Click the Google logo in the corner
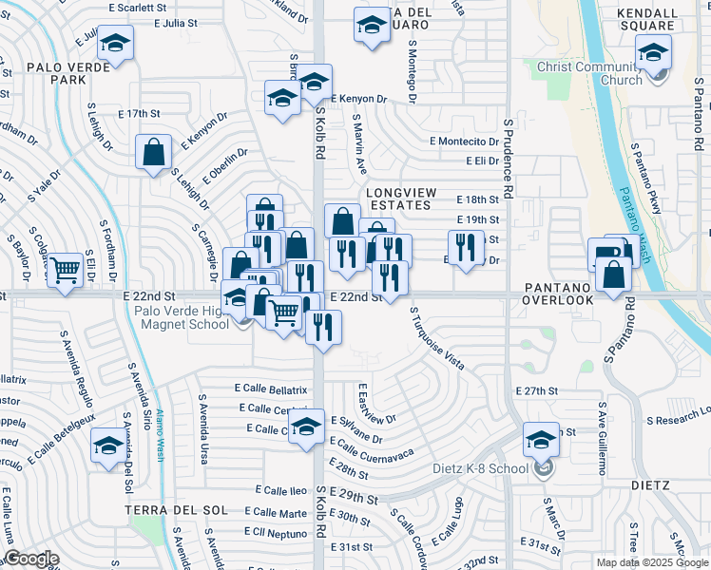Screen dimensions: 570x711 point(30,559)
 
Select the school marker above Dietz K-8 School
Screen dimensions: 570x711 point(541,439)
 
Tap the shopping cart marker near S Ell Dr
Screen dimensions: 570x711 point(65,270)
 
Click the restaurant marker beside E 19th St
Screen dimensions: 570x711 point(465,246)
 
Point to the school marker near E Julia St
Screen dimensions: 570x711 point(115,43)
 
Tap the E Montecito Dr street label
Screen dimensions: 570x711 point(463,141)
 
